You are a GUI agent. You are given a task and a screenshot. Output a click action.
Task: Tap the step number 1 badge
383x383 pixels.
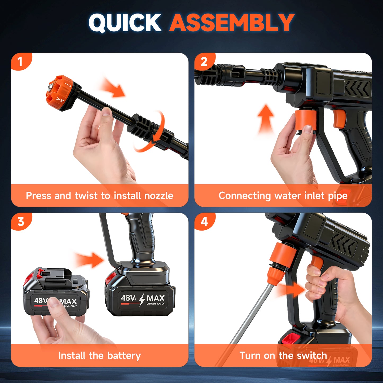[20, 62]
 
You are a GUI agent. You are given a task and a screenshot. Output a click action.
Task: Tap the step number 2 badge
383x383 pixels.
[204, 62]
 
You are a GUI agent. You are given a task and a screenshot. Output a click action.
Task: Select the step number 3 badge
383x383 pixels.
[20, 222]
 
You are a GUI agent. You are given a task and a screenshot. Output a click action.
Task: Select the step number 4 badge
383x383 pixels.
[204, 222]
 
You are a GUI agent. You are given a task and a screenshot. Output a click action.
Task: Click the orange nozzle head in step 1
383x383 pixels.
[60, 93]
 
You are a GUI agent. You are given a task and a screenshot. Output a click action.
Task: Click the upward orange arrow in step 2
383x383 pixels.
[266, 119]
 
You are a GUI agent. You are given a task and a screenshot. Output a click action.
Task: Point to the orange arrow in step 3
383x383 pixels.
[90, 260]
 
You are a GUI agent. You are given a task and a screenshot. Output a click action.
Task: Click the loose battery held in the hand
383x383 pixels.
[56, 294]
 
